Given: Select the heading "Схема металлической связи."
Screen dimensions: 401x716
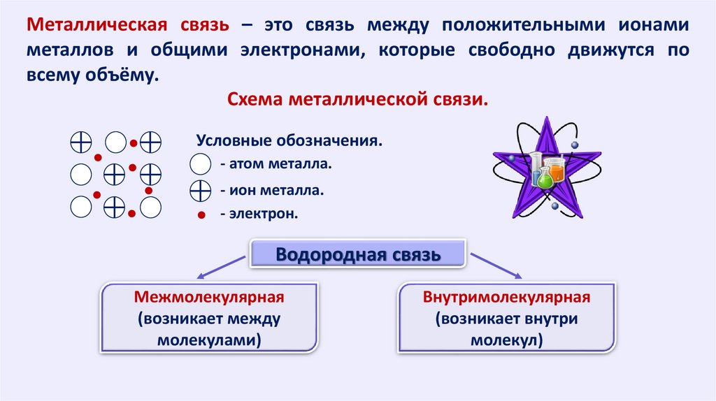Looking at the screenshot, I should coord(357,99).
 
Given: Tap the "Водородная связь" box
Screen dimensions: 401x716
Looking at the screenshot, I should coord(358,254).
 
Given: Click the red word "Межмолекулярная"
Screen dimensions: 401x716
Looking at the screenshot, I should coord(209,298).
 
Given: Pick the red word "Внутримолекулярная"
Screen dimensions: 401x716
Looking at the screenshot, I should coord(507,298).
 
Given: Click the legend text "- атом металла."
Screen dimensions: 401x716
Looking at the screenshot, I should coord(275,164).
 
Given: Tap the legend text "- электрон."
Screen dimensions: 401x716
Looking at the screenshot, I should coord(259,213).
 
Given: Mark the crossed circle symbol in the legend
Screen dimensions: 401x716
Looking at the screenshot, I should coord(200,189).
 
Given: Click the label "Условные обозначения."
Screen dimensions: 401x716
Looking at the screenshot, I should coord(289,140).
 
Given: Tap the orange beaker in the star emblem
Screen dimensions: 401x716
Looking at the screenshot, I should coord(556,170).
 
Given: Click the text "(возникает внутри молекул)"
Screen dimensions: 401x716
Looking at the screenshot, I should coord(507,330).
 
